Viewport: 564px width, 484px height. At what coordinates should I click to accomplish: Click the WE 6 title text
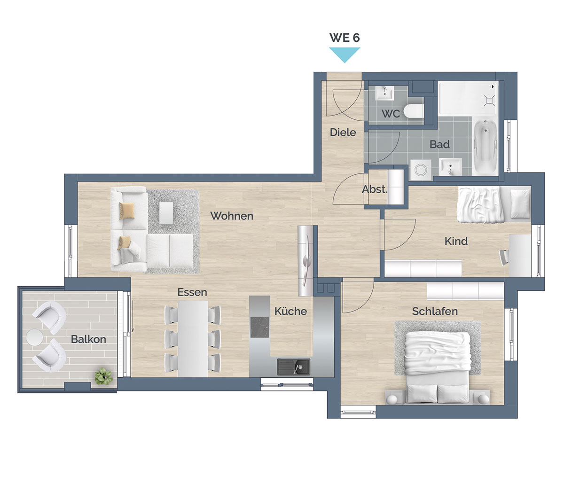[x=345, y=38]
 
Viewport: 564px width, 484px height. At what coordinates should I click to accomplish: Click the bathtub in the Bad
[x=485, y=147]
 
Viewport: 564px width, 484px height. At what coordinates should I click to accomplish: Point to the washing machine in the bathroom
[x=421, y=170]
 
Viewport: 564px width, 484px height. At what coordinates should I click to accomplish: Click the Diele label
[x=343, y=133]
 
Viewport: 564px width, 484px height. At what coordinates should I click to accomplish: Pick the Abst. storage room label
[x=375, y=189]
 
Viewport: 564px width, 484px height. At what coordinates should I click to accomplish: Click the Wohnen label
[x=232, y=216]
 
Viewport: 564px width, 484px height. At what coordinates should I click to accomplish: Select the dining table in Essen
[x=193, y=339]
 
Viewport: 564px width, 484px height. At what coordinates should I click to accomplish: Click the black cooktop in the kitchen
[x=259, y=327]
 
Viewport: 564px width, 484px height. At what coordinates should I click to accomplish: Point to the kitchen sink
[x=294, y=367]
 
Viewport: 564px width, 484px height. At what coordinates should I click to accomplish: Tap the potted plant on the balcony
[x=104, y=376]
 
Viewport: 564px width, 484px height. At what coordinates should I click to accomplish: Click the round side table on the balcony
[x=34, y=337]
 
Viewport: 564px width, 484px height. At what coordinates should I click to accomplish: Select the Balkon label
[x=88, y=339]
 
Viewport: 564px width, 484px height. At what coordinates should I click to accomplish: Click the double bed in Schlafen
[x=438, y=367]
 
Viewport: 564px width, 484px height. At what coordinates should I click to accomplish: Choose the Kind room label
[x=456, y=241]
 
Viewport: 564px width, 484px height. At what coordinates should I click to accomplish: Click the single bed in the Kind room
[x=494, y=204]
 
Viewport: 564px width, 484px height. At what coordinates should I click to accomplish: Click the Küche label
[x=290, y=311]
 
